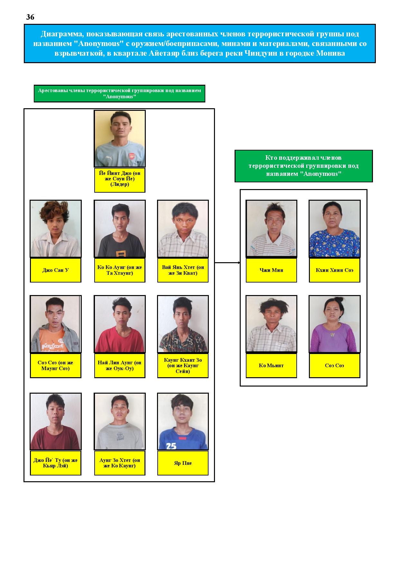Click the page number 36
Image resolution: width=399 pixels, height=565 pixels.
tap(30, 17)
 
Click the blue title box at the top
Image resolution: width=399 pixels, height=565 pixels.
tap(200, 43)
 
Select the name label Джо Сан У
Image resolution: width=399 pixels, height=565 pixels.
tap(56, 270)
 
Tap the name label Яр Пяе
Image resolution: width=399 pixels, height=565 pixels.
tap(183, 463)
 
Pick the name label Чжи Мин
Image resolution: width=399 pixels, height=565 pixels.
tap(271, 270)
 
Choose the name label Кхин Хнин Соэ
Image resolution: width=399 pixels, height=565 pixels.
tap(335, 270)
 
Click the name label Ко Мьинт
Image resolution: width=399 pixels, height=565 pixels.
tap(271, 366)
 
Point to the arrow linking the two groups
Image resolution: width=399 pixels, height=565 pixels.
tap(227, 263)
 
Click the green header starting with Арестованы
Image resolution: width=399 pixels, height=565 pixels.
tap(119, 94)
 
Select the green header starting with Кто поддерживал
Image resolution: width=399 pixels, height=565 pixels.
tap(303, 166)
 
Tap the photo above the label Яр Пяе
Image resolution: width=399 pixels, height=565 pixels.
tap(183, 421)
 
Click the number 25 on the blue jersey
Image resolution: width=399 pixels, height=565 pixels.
tap(171, 446)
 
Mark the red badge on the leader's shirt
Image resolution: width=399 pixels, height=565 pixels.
tap(132, 156)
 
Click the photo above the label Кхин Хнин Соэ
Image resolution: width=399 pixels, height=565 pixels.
tap(335, 229)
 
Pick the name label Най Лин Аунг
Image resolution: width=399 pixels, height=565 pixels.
tap(120, 366)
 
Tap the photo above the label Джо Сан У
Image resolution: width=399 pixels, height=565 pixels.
tap(56, 229)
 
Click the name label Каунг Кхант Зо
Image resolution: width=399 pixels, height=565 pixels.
tap(183, 366)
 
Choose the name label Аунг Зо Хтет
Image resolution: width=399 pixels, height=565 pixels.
tap(120, 463)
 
